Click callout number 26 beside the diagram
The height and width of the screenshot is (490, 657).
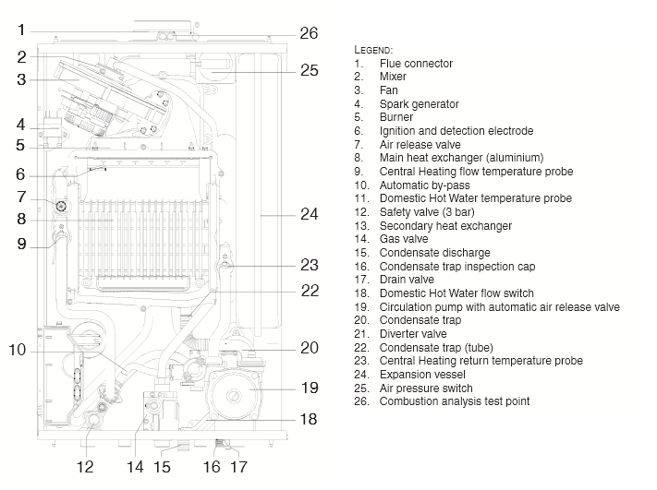coord(309,33)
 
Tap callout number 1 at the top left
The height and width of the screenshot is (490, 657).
coord(20,30)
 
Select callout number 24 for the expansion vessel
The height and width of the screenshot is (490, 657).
coord(309,214)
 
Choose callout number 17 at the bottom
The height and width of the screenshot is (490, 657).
coord(238,467)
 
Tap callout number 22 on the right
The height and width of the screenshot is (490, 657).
coord(309,290)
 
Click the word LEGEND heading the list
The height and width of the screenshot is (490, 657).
coord(373,48)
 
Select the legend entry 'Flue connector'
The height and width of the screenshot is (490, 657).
coord(416,64)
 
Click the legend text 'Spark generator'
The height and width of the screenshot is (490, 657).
coord(419,104)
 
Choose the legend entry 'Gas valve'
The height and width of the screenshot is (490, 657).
coord(403,239)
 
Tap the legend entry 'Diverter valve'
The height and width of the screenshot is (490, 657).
coord(412,334)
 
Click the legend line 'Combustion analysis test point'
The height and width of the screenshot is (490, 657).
coord(455,401)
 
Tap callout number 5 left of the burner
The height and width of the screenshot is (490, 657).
coord(20,145)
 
